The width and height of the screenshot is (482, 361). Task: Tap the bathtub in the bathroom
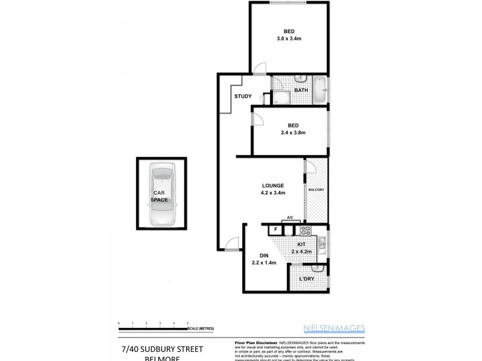321,90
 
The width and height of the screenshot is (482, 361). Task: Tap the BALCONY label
317,190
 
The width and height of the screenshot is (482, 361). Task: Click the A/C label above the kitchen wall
290,217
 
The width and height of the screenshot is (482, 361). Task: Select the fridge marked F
275,229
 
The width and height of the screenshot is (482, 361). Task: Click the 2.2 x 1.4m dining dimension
264,262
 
